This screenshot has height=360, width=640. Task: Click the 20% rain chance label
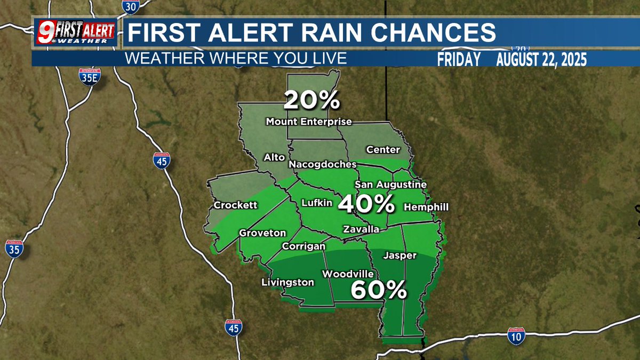[311, 100]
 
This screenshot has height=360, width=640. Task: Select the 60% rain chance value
[379, 290]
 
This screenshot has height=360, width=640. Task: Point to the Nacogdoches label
[322, 165]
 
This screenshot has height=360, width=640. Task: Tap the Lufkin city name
[317, 203]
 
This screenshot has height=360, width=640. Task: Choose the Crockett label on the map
[235, 205]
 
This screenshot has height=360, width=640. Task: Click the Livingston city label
[287, 283]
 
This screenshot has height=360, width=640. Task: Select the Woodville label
[347, 274]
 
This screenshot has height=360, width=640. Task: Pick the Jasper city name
[400, 256]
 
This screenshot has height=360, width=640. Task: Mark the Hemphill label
[426, 207]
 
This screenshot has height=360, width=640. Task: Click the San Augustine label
[391, 185]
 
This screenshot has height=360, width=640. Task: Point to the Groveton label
[262, 234]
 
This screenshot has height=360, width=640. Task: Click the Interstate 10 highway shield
[516, 335]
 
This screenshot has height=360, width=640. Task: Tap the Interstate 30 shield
[130, 6]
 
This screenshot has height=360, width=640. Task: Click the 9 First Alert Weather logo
[75, 32]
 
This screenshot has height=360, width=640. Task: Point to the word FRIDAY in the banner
[458, 60]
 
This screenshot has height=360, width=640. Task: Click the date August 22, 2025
[541, 60]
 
